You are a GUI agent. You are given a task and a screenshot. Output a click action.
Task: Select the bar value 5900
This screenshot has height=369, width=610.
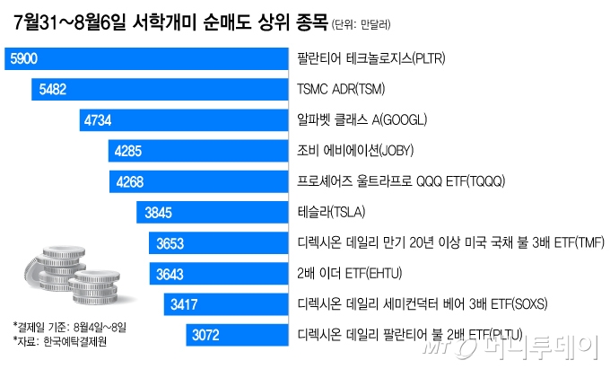coord(23,60)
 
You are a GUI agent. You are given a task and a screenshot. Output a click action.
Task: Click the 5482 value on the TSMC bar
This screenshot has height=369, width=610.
coord(50,90)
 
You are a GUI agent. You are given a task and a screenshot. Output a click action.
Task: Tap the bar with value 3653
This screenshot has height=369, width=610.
coord(170,243)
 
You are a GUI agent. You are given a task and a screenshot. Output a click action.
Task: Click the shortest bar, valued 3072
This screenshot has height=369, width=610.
coord(207,336)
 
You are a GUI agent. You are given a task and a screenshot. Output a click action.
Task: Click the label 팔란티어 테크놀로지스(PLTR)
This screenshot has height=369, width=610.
coord(371,60)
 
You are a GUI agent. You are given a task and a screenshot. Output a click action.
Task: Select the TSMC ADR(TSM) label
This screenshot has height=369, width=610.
coord(339,90)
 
